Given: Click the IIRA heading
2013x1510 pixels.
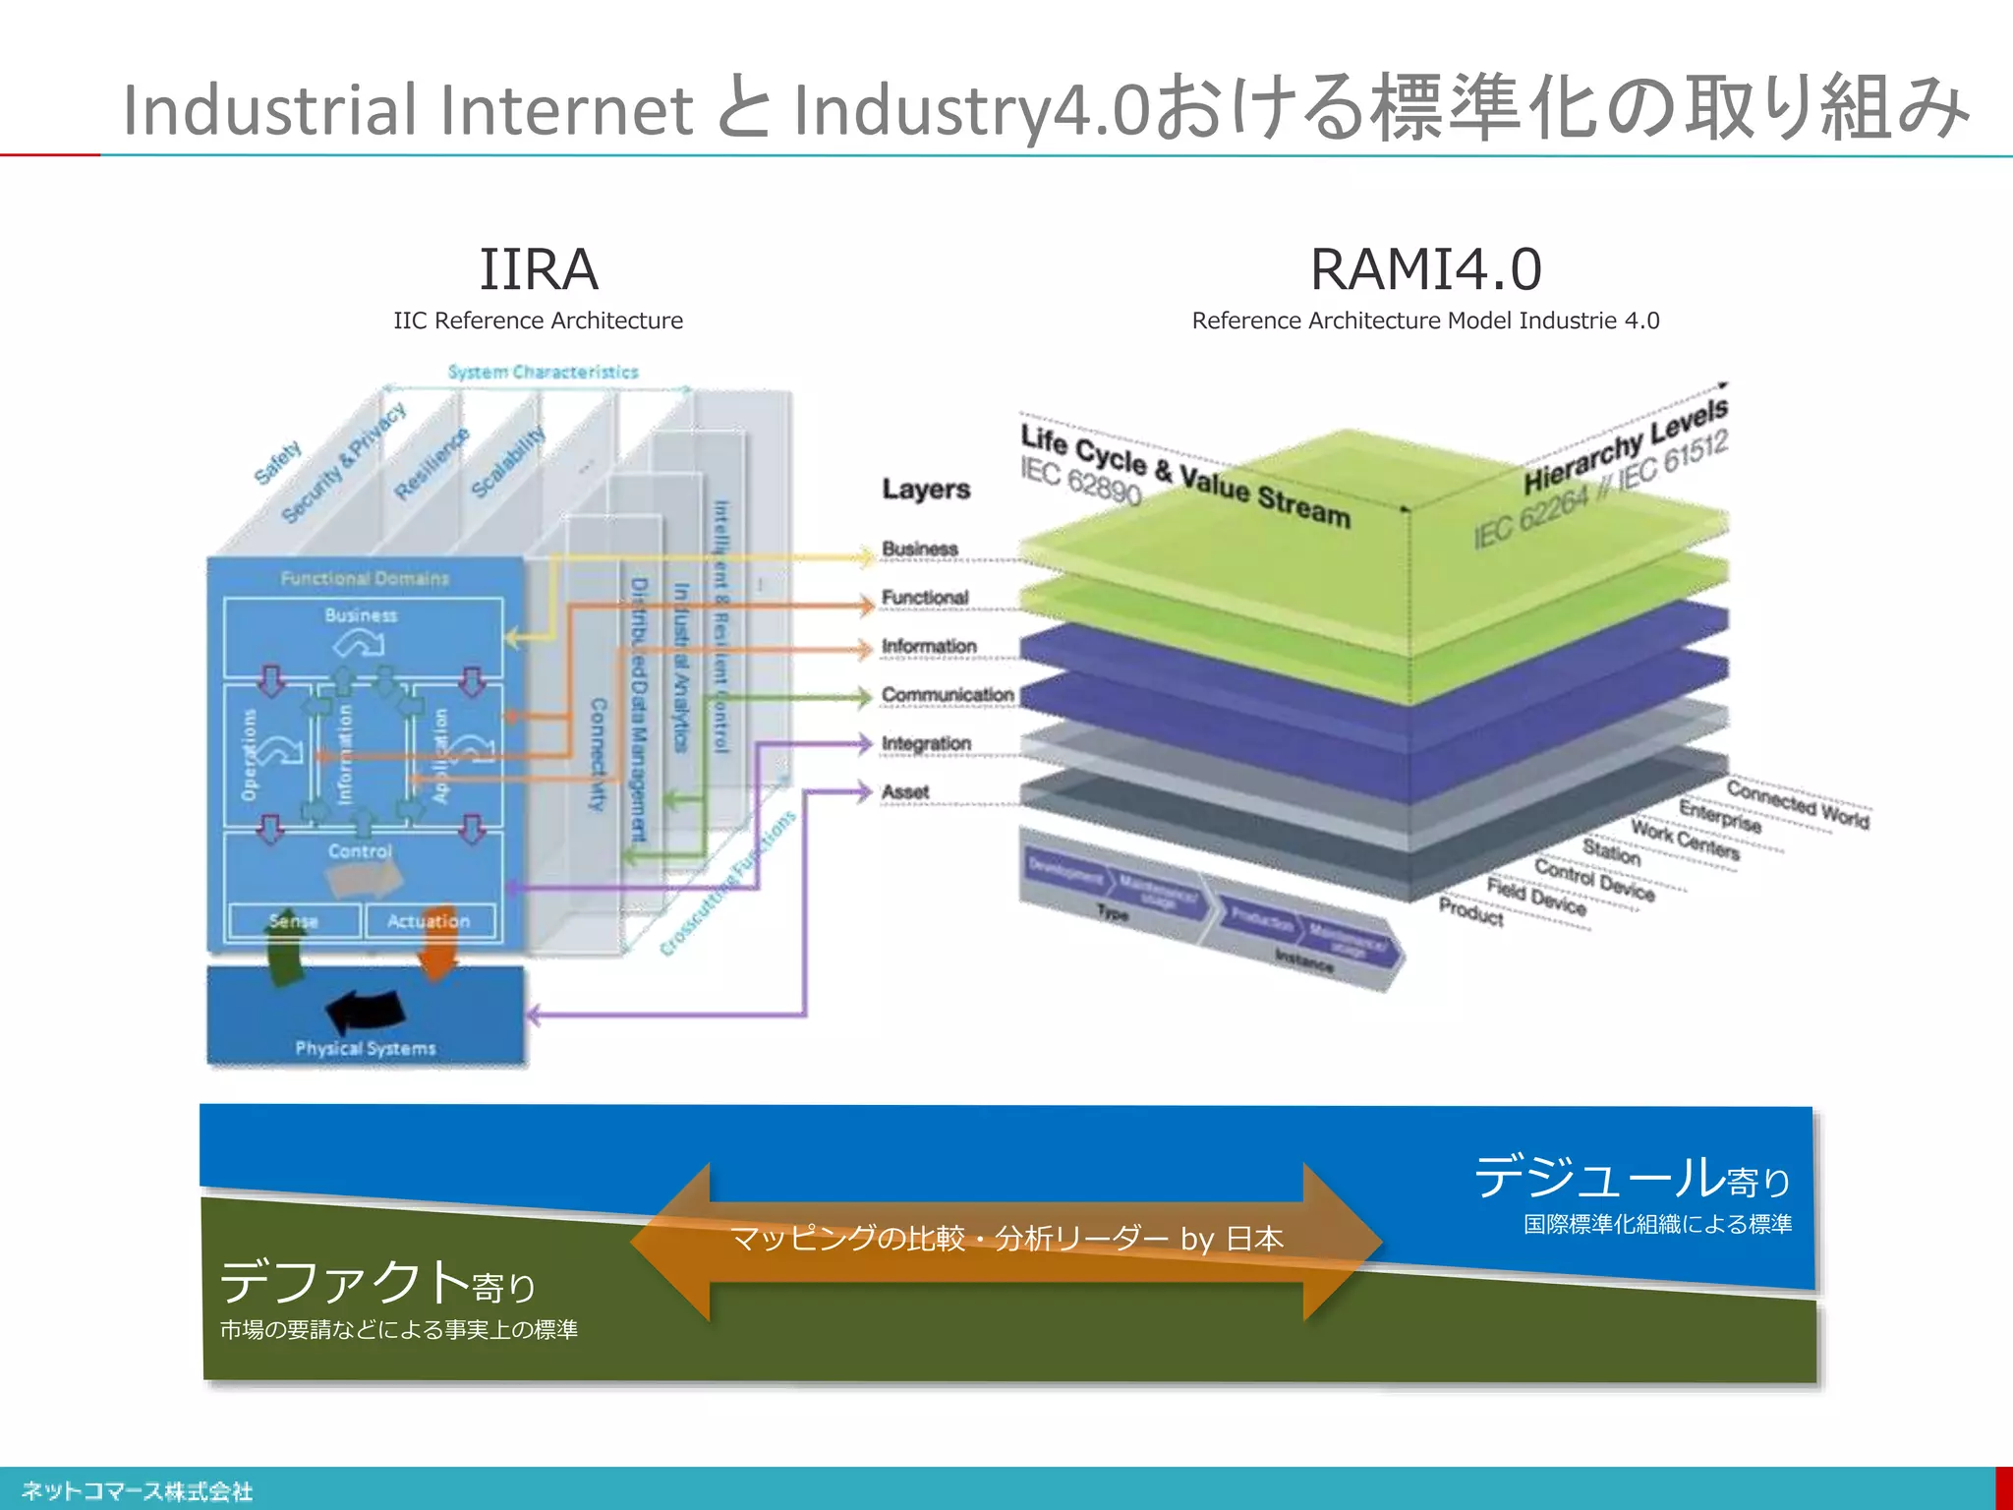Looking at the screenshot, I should click(538, 269).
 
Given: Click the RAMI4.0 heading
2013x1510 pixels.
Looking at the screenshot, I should click(1425, 269).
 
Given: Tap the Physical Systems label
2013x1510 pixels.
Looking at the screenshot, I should click(365, 1048).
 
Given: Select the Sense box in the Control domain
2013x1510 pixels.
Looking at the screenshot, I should click(294, 921).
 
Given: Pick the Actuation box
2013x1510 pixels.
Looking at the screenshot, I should click(429, 921).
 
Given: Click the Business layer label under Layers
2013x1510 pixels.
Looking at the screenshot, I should click(919, 549).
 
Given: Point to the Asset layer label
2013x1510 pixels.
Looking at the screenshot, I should click(904, 791).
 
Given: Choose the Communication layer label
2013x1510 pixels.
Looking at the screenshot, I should click(947, 695).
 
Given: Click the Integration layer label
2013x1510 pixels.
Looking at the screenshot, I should click(926, 743).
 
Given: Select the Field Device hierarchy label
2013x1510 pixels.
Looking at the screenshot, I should click(1536, 896).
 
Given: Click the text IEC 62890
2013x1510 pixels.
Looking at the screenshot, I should click(1079, 480).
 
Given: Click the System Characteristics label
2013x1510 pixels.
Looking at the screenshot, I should click(543, 372).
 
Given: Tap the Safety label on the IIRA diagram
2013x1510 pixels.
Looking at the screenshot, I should click(277, 463).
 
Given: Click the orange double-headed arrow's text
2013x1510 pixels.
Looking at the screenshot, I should click(1006, 1239).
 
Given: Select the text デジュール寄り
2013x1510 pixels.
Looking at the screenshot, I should click(1632, 1178).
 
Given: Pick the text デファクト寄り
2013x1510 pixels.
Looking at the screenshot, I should click(377, 1283).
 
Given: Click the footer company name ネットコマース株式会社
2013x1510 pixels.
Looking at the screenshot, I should click(137, 1491).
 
